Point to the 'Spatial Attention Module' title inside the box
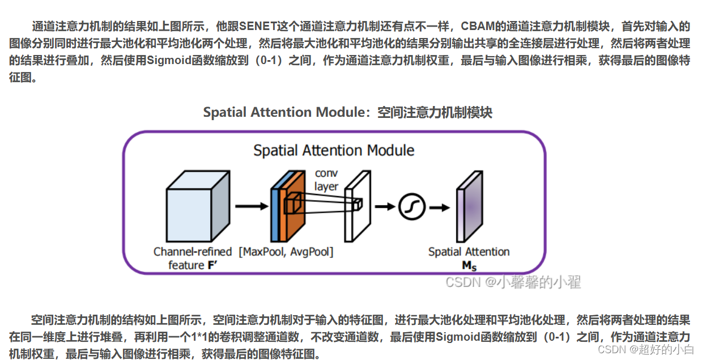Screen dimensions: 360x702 pyautogui.click(x=334, y=150)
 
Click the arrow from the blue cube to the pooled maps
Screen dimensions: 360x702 pyautogui.click(x=250, y=206)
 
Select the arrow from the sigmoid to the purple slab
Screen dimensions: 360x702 pyautogui.click(x=438, y=206)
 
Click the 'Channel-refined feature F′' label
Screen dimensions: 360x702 pyautogui.click(x=193, y=259)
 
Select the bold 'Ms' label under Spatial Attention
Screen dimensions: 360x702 pyautogui.click(x=469, y=265)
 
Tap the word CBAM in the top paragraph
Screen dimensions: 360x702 pyautogui.click(x=476, y=26)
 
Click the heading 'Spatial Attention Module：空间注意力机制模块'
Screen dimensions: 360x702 pyautogui.click(x=347, y=112)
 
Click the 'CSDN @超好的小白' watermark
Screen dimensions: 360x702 pyautogui.click(x=646, y=349)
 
